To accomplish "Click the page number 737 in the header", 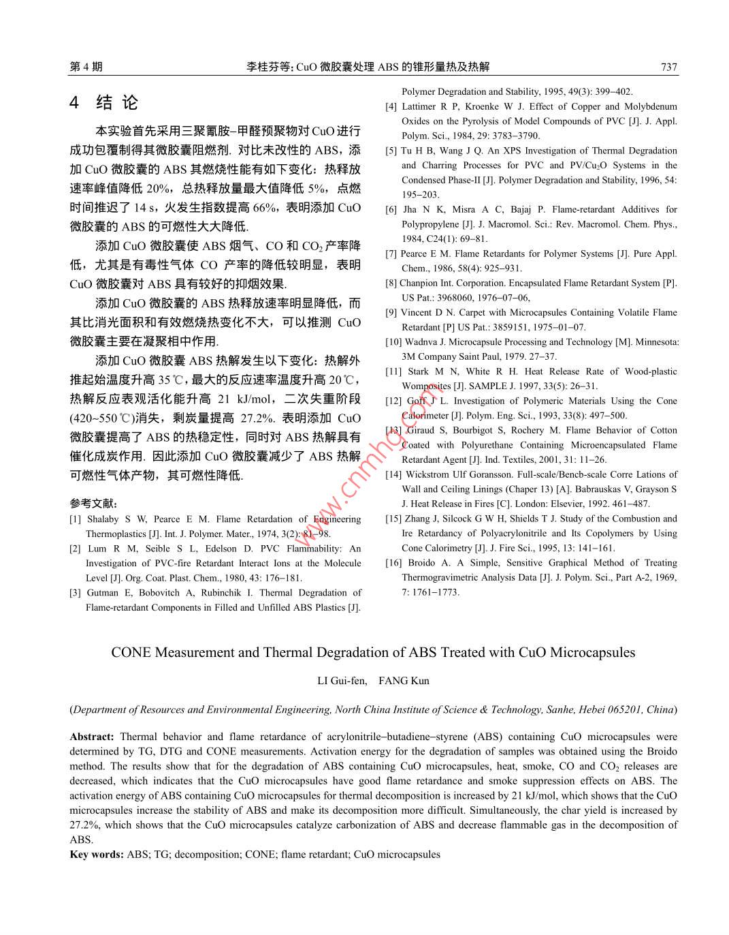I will point(668,67).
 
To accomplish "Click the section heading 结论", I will point(116,103).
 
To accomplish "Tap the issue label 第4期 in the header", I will point(86,67).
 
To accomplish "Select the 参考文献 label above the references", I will point(93,504).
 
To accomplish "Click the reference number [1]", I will point(75,519).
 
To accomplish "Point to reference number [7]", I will point(391,254).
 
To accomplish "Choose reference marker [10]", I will point(393,342).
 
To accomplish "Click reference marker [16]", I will point(393,563).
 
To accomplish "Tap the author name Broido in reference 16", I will point(423,563).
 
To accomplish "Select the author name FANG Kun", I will point(404,681).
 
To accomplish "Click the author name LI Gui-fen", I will point(342,681).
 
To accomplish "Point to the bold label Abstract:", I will point(92,737).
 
